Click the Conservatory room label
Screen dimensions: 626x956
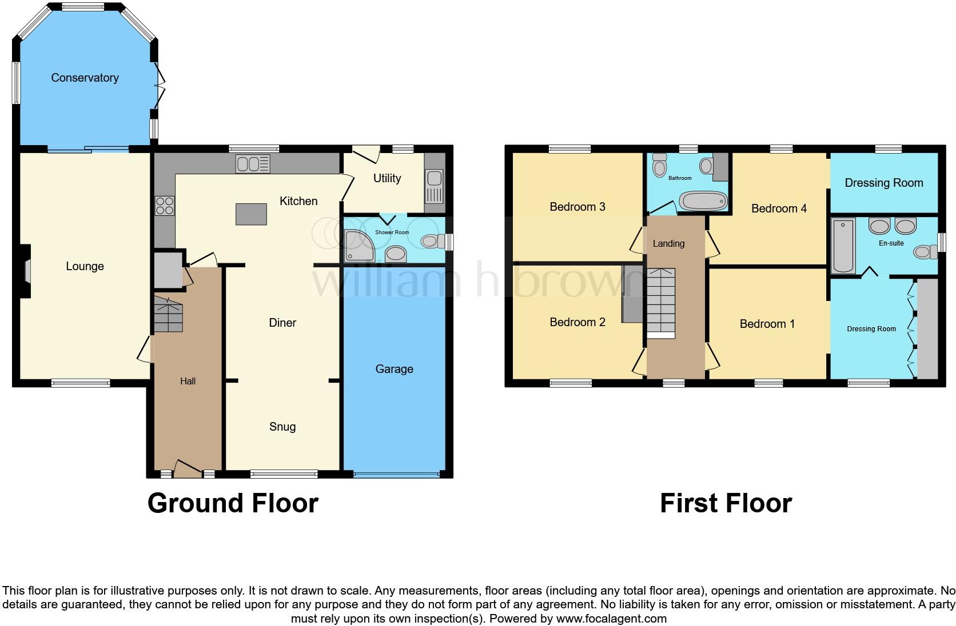pyautogui.click(x=85, y=78)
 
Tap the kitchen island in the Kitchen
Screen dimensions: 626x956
pyautogui.click(x=251, y=214)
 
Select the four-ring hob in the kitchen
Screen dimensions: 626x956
pyautogui.click(x=165, y=205)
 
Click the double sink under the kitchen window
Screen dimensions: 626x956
pyautogui.click(x=253, y=164)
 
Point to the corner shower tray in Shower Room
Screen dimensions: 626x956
pyautogui.click(x=358, y=246)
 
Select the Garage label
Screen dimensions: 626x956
pyautogui.click(x=394, y=369)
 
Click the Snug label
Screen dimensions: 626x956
pyautogui.click(x=282, y=427)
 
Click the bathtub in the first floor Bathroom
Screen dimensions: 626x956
pyautogui.click(x=703, y=201)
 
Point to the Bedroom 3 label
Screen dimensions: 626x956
pyautogui.click(x=577, y=207)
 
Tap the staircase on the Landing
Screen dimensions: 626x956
pyautogui.click(x=660, y=303)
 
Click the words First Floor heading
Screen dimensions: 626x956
pyautogui.click(x=726, y=503)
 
